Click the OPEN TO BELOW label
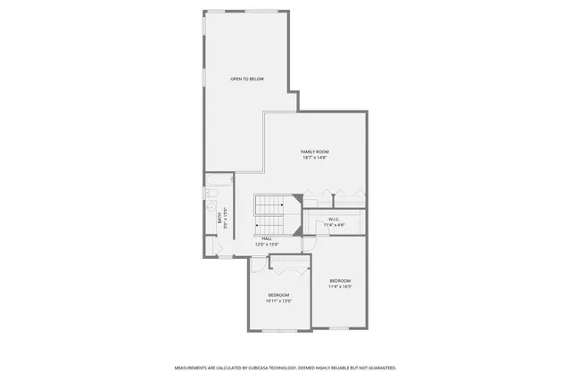pos(247,79)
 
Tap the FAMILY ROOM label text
pos(314,153)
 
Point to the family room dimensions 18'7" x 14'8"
pos(314,159)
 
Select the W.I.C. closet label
pos(334,219)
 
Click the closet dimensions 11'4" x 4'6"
pos(334,225)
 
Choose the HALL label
pos(267,238)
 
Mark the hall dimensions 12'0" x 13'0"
pos(267,244)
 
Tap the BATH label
pos(218,215)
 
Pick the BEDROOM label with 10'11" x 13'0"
pos(278,295)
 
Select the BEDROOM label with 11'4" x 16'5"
pos(340,281)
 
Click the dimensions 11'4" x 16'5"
pos(340,287)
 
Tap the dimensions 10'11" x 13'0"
pos(278,302)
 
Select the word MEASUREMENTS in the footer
pos(194,368)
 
